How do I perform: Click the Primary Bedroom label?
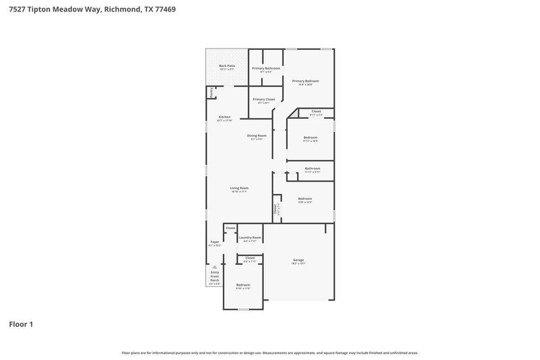[x=305, y=81]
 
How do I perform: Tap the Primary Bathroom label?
[x=266, y=68]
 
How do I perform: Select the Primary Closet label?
[x=264, y=99]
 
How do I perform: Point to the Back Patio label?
[x=227, y=66]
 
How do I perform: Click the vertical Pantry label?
[x=211, y=93]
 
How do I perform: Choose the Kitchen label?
[x=224, y=117]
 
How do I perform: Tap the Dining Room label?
[x=256, y=136]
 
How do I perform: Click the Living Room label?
[x=240, y=188]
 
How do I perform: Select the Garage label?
[x=298, y=260]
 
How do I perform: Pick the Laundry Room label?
[x=250, y=237]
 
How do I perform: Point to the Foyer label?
[x=215, y=241]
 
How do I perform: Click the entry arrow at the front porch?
[x=215, y=267]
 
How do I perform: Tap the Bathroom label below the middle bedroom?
[x=312, y=168]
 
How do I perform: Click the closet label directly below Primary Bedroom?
[x=316, y=111]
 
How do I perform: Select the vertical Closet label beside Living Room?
[x=275, y=209]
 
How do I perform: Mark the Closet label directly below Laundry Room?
[x=250, y=257]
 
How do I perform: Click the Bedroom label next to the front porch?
[x=243, y=285]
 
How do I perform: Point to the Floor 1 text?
[x=21, y=324]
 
